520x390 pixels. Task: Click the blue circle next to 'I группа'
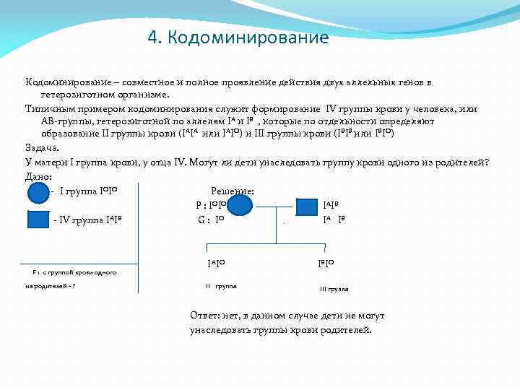pos(38,194)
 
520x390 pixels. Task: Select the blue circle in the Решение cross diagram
pos(241,206)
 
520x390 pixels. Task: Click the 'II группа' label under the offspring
pos(221,287)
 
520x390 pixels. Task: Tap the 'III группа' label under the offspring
pos(334,289)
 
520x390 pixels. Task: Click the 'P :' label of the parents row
pos(201,205)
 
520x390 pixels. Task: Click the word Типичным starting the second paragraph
pos(48,108)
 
